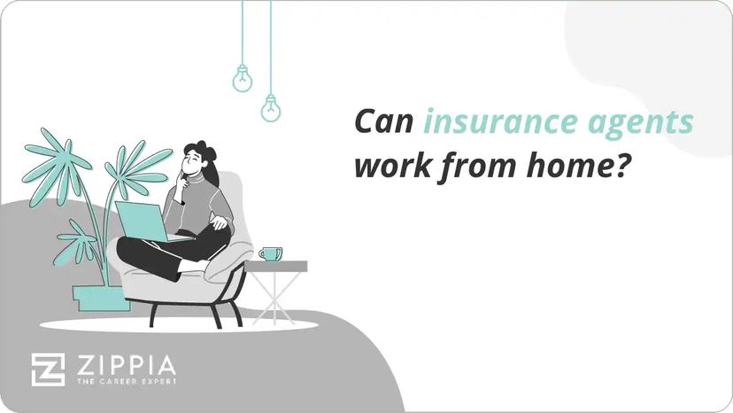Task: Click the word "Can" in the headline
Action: click(383, 122)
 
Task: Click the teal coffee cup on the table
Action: click(270, 253)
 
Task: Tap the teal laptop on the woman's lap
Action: click(142, 222)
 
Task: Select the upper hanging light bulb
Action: click(242, 80)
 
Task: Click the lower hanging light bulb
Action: click(270, 108)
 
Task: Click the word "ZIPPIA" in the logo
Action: click(123, 364)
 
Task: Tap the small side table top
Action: click(275, 266)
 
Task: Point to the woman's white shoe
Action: click(193, 266)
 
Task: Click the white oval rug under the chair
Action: click(177, 325)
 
